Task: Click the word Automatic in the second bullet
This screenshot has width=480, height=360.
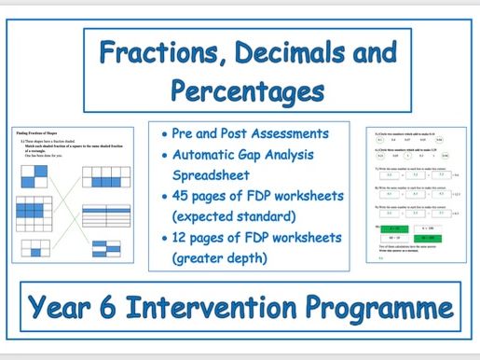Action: click(206, 155)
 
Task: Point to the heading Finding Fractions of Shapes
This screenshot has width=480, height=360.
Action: click(42, 134)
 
